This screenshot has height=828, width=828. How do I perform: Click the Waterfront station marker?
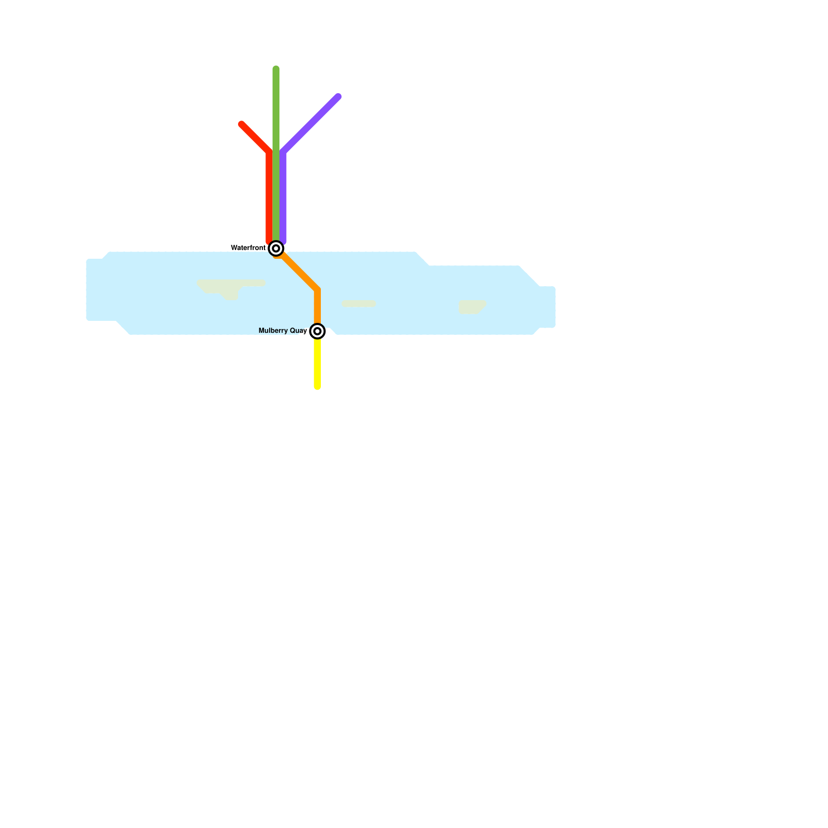[x=276, y=248]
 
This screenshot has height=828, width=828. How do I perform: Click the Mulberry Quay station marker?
[x=317, y=331]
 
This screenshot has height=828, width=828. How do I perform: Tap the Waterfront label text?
[x=248, y=248]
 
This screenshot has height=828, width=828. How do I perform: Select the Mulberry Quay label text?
[x=283, y=331]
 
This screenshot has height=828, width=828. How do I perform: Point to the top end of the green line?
[x=276, y=68]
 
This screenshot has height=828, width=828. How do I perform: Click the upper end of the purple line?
[x=338, y=96]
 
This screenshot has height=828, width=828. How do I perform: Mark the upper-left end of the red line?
[x=241, y=124]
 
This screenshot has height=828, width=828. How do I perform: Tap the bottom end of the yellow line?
[x=317, y=387]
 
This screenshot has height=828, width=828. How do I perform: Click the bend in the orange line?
[x=317, y=290]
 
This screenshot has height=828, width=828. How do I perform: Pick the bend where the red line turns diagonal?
[x=269, y=153]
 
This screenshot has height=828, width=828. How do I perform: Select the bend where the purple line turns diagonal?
[x=283, y=153]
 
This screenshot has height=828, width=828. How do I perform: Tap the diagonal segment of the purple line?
[x=310, y=124]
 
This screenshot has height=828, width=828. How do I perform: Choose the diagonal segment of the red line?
[x=255, y=138]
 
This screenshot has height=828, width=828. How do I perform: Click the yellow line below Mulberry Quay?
[x=317, y=362]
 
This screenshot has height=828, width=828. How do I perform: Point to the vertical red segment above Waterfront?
[x=269, y=197]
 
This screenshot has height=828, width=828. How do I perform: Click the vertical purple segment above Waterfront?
[x=283, y=197]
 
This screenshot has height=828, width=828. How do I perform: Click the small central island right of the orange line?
[x=359, y=304]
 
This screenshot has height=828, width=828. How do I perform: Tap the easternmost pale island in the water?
[x=471, y=307]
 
